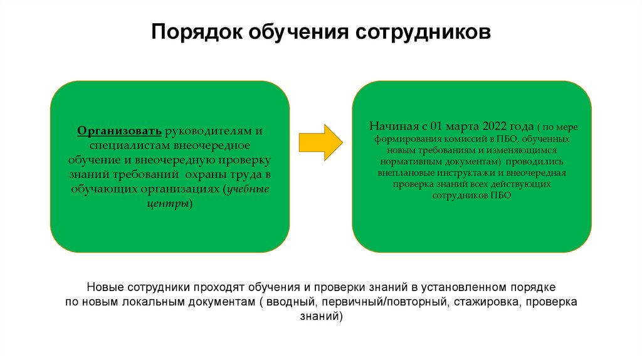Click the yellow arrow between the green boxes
[320, 142]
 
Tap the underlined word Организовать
[120, 131]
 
